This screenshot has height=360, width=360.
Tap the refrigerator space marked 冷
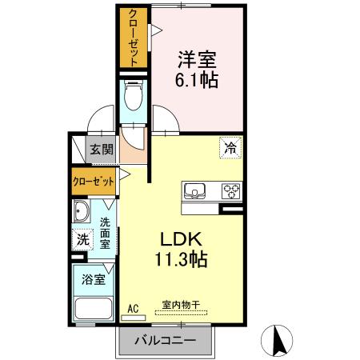pyautogui.click(x=230, y=147)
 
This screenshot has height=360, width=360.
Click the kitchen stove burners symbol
pyautogui.click(x=231, y=191)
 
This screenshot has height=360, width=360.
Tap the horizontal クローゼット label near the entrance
pyautogui.click(x=94, y=181)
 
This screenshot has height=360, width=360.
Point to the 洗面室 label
pyautogui.click(x=106, y=231)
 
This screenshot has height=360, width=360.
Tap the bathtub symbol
pyautogui.click(x=93, y=310)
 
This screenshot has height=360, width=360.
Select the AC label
pyautogui.click(x=133, y=306)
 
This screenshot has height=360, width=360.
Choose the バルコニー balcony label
pyautogui.click(x=166, y=341)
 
